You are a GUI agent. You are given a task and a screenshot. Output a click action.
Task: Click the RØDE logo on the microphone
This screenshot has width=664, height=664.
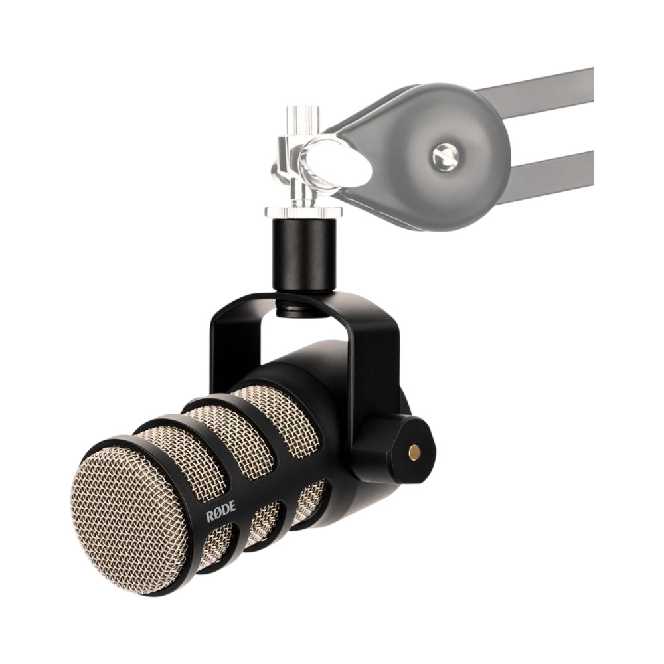[220, 515]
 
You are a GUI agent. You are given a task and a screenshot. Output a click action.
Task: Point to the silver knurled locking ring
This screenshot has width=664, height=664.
[297, 211]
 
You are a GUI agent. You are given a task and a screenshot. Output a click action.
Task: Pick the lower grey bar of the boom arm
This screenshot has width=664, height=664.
[550, 169]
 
